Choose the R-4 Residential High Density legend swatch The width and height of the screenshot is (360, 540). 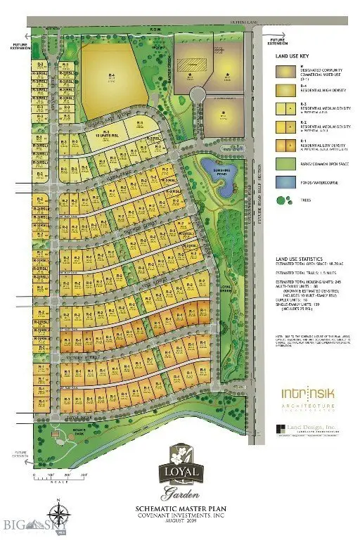point(279,90)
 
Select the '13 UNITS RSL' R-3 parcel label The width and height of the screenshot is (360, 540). point(107,134)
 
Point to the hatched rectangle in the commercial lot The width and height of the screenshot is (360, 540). point(190,65)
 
